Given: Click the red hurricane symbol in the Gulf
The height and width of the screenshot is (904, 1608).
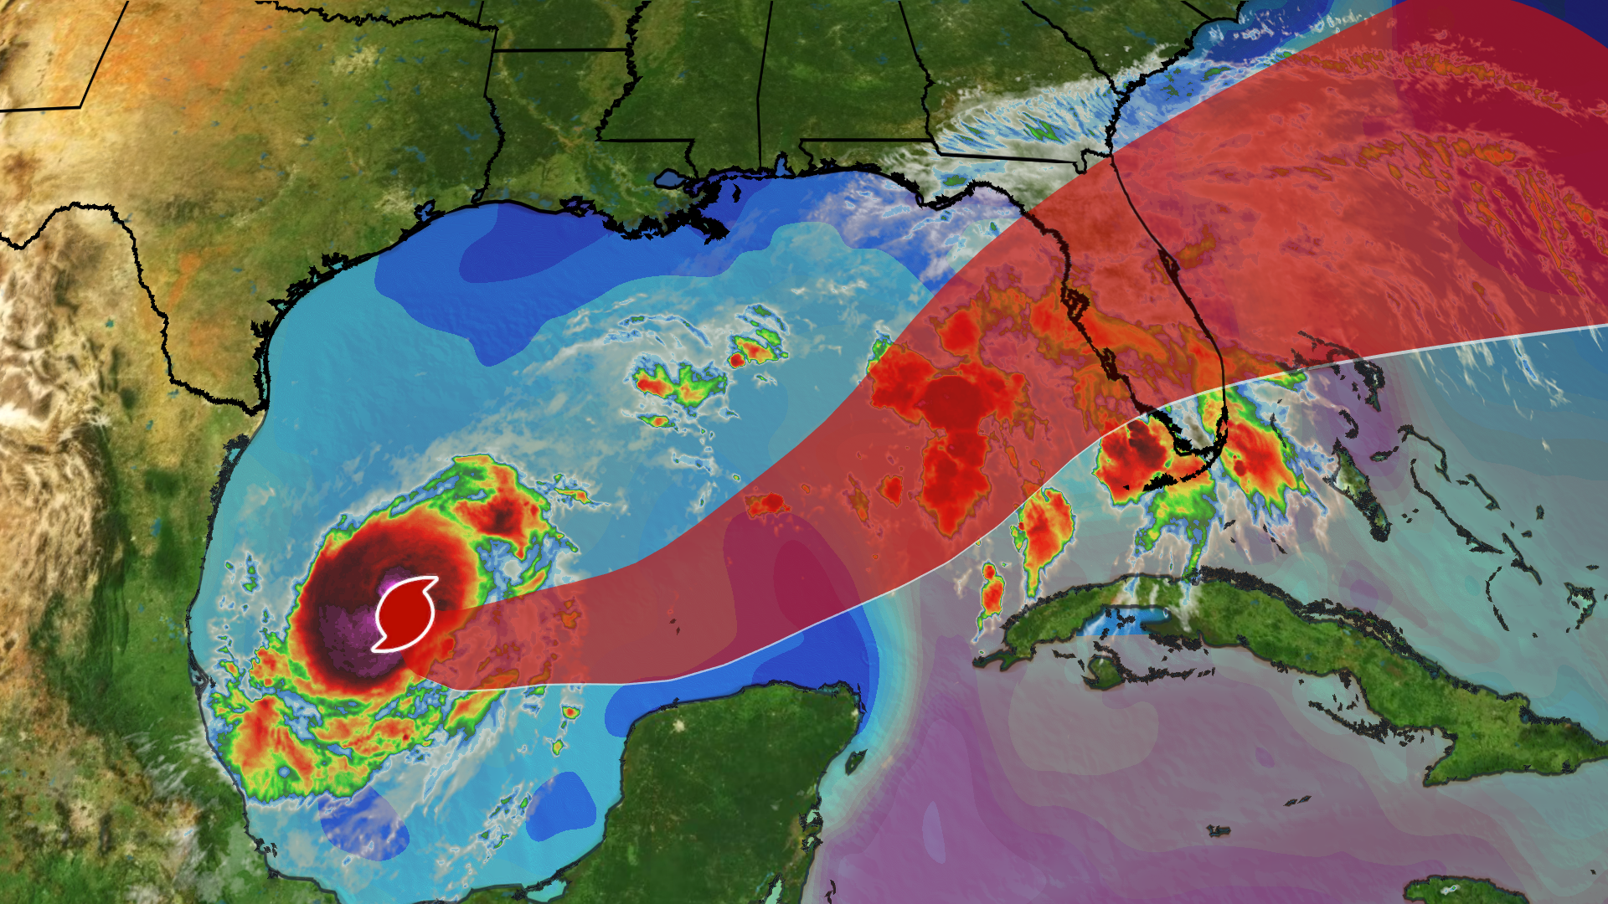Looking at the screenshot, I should click(405, 614).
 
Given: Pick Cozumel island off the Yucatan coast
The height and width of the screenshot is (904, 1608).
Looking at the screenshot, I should click(855, 761).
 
